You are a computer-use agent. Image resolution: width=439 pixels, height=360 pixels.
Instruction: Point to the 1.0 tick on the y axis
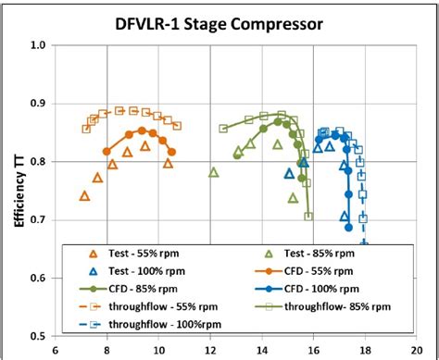[39, 44]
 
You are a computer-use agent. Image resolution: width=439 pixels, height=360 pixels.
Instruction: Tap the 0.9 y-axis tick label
[39, 103]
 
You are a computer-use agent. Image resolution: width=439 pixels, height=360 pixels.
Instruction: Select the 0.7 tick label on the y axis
[39, 219]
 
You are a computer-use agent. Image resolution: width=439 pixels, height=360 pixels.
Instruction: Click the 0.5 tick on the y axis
[39, 336]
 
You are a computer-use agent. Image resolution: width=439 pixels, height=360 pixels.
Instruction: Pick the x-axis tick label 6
[56, 351]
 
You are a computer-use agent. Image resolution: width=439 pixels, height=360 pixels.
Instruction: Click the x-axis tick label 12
[210, 351]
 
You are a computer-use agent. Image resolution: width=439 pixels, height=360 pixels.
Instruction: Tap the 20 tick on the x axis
[418, 351]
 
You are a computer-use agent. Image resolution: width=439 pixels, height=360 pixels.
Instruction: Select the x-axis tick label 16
[314, 351]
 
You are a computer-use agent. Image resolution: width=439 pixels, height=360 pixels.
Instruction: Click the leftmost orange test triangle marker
[85, 196]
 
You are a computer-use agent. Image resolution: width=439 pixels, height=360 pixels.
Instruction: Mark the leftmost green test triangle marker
[214, 172]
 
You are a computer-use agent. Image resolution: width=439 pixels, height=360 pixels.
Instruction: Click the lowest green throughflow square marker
[308, 217]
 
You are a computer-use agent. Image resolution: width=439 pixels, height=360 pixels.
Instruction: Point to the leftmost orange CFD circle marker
[107, 151]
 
